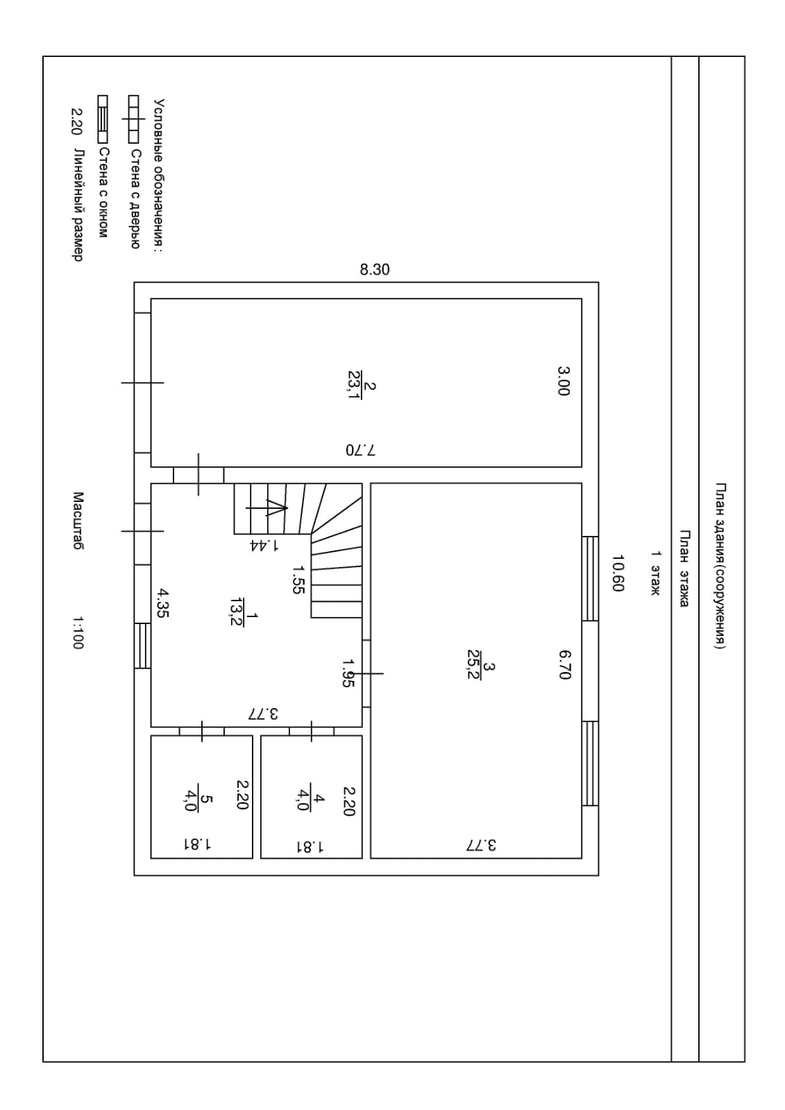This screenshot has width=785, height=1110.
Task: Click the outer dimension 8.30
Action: click(375, 269)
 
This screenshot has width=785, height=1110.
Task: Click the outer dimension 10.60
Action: click(618, 573)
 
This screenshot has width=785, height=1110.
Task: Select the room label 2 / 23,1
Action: click(362, 385)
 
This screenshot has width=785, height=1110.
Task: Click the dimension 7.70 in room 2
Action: click(361, 450)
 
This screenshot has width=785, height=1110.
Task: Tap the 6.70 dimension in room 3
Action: click(565, 665)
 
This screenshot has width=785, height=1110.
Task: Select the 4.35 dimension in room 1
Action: click(164, 603)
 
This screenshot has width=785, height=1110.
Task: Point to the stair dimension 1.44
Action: click(264, 545)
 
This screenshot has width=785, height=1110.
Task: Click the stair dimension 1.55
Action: click(298, 580)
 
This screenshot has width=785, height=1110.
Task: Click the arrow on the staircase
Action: click(267, 508)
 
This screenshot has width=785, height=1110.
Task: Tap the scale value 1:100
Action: click(78, 633)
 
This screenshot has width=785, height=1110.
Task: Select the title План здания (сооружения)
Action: click(720, 566)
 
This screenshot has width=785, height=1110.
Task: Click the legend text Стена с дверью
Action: click(135, 199)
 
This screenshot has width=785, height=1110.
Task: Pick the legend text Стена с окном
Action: click(103, 193)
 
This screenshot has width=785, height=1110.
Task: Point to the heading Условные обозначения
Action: click(159, 176)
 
